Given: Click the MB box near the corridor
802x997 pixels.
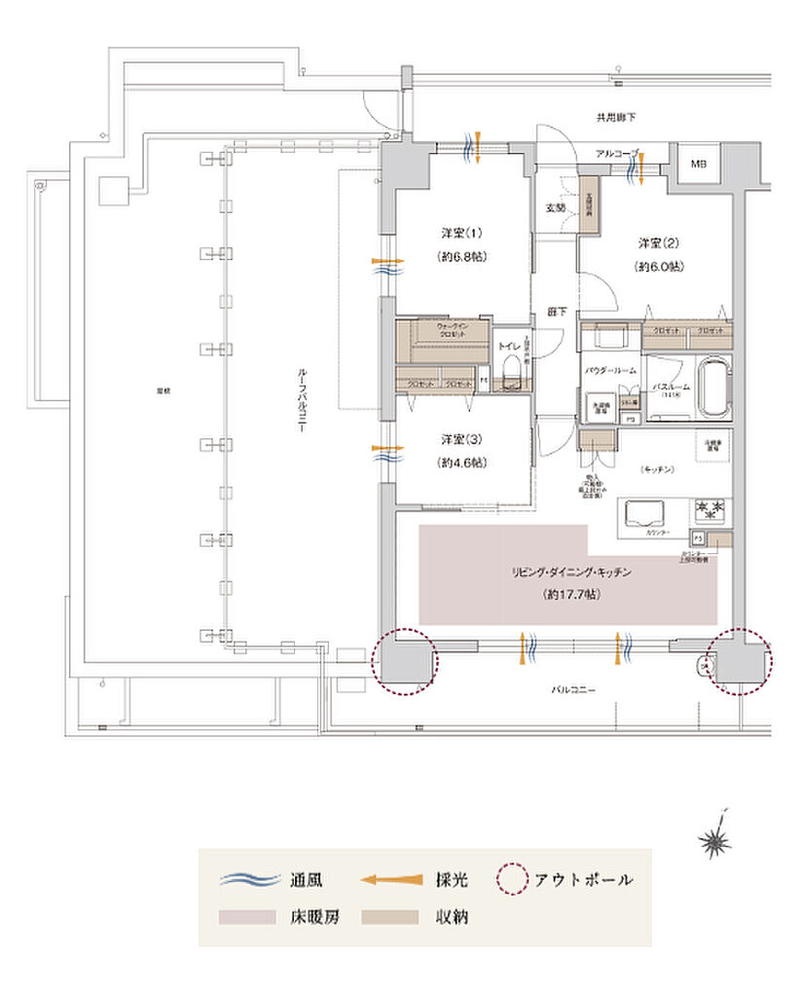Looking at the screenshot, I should [700, 165].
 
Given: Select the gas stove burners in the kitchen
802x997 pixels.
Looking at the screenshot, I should [710, 507].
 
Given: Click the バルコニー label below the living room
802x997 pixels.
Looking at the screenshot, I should [573, 688].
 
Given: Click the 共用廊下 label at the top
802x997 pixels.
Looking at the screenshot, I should [615, 117].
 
